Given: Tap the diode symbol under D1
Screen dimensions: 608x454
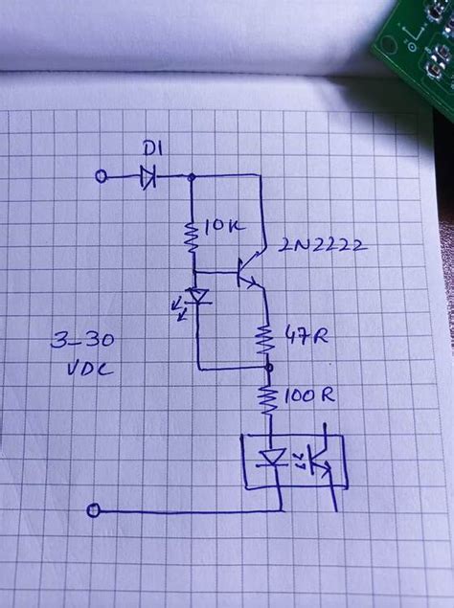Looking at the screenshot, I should [x=148, y=176].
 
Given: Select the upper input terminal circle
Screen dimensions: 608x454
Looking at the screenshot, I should [x=102, y=175].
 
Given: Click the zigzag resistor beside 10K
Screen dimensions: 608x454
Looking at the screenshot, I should [x=193, y=233].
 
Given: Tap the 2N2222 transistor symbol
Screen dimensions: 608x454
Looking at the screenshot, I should [x=251, y=271].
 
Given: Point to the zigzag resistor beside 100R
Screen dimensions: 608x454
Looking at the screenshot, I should [x=269, y=398].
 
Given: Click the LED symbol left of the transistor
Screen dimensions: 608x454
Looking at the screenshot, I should [x=198, y=296].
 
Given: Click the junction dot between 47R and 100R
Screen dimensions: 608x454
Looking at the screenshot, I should [x=269, y=368].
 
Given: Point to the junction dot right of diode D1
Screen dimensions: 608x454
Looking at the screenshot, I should [x=193, y=176].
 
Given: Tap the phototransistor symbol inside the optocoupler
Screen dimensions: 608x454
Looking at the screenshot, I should [x=322, y=462].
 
